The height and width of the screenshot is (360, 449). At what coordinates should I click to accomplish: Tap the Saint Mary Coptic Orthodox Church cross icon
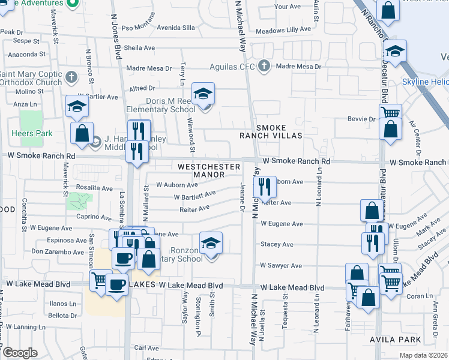click(71, 77)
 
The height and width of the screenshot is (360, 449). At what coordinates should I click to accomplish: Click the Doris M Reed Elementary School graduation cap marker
click(203, 95)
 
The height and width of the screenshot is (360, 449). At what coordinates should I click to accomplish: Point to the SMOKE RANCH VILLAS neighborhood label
click(279, 132)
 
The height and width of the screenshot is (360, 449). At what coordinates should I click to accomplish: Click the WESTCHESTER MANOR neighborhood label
click(208, 170)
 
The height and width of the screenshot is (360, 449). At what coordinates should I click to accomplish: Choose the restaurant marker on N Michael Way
click(265, 187)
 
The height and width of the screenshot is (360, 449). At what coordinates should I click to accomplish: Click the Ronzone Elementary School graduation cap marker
click(211, 243)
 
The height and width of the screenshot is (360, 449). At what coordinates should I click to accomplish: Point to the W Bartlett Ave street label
click(194, 196)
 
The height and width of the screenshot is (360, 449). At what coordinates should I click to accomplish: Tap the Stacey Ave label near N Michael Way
click(277, 244)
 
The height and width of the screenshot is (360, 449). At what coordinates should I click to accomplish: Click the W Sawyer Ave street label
click(281, 265)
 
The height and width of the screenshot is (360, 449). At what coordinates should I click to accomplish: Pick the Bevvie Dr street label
click(361, 119)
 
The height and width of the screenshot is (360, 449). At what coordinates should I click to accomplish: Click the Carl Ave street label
click(146, 348)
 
